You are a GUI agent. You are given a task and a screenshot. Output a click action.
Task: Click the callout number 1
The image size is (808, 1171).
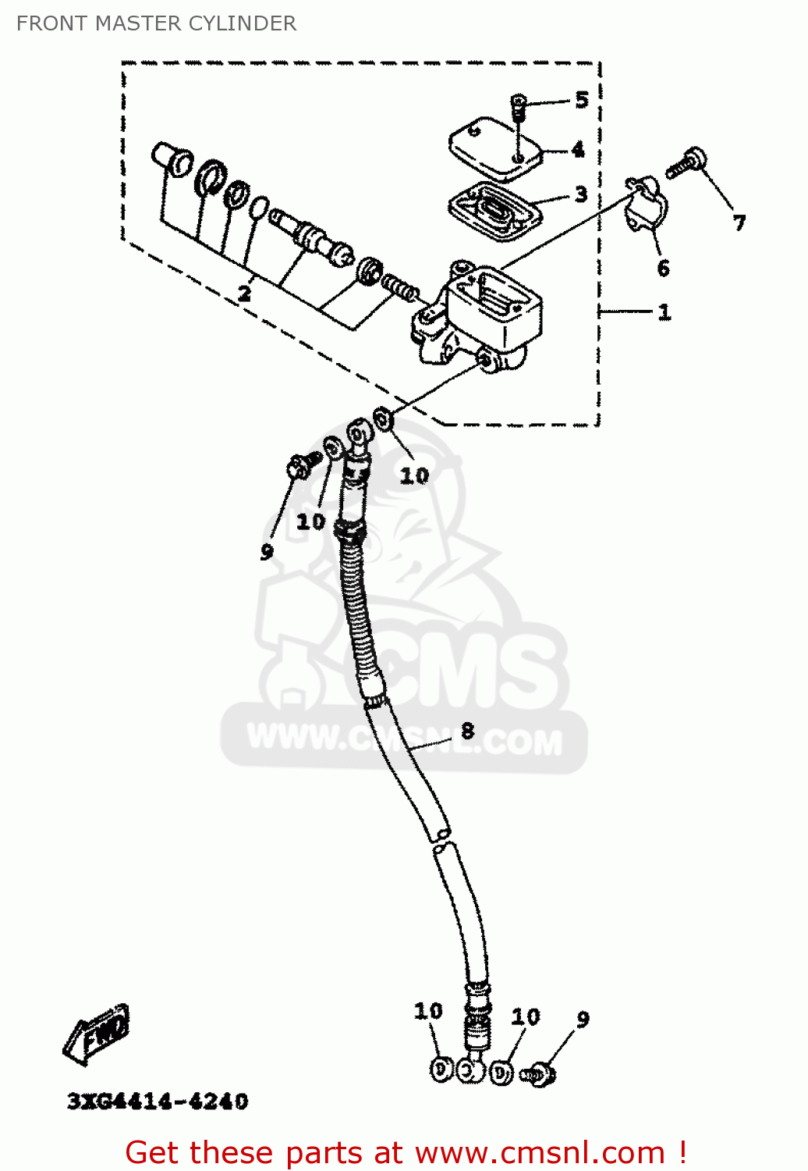tap(664, 312)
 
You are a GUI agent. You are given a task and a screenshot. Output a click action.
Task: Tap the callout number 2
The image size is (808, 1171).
tap(244, 294)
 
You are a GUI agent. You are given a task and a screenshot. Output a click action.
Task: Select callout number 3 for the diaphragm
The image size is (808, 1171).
tap(581, 194)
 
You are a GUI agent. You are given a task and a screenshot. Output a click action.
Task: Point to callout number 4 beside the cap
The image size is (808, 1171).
tap(578, 150)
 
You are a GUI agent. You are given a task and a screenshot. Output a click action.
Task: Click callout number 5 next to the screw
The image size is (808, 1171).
tap(582, 99)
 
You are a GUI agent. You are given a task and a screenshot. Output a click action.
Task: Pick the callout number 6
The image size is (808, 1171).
tap(663, 269)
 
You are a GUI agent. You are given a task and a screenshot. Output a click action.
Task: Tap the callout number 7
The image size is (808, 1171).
tap(739, 223)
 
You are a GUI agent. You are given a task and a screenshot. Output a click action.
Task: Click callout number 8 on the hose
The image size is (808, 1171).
tap(467, 730)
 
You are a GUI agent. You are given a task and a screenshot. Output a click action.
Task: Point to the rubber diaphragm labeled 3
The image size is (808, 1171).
tap(494, 212)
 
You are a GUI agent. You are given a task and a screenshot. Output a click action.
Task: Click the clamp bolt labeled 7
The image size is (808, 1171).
tap(686, 162)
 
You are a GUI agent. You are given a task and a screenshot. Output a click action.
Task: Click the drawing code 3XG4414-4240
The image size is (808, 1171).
tap(158, 1102)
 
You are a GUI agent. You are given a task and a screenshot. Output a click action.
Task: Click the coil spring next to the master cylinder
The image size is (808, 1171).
tap(400, 288)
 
